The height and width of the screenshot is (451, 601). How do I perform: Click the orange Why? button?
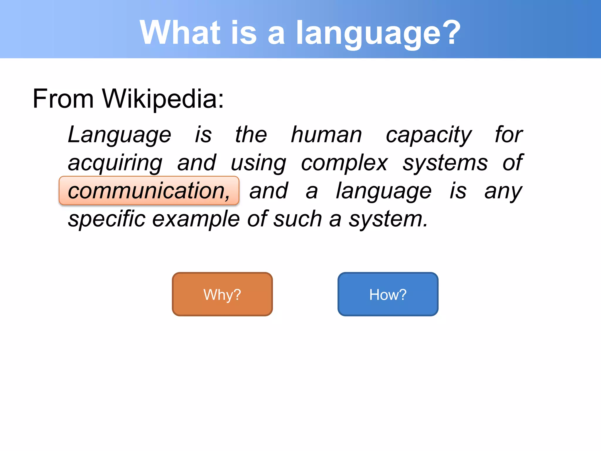click(x=222, y=294)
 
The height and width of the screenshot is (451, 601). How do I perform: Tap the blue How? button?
click(x=388, y=294)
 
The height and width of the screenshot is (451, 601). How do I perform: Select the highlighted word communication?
click(x=149, y=191)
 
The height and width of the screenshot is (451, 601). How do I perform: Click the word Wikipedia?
click(x=163, y=99)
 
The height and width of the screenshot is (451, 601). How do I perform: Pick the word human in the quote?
click(x=326, y=135)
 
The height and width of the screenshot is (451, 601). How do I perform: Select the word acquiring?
click(x=115, y=163)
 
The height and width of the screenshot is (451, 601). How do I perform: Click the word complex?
click(x=344, y=163)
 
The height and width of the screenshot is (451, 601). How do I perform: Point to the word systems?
click(x=445, y=163)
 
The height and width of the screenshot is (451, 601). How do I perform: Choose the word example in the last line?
click(x=196, y=219)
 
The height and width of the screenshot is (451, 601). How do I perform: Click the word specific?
click(x=107, y=219)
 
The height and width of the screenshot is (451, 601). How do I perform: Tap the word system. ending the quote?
click(x=388, y=219)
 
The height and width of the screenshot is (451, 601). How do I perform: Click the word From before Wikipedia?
click(x=63, y=99)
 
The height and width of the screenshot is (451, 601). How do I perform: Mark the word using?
click(x=258, y=163)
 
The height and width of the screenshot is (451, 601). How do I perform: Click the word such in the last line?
click(x=298, y=219)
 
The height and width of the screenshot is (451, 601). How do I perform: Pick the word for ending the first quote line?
click(x=509, y=134)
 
